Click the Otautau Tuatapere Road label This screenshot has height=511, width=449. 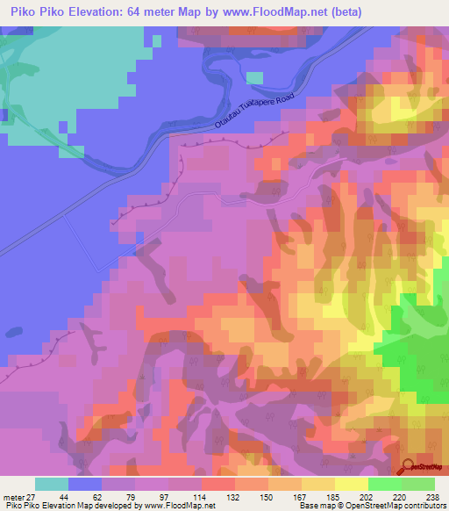(253, 113)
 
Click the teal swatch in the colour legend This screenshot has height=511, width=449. (52, 484)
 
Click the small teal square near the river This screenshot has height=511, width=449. (254, 77)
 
